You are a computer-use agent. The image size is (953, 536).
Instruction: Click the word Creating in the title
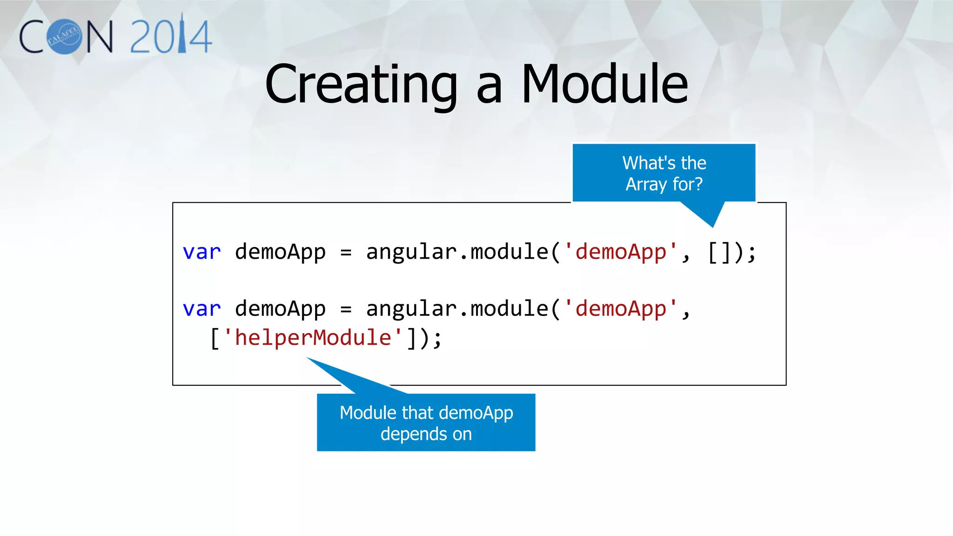[361, 85]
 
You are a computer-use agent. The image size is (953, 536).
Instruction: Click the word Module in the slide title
[604, 85]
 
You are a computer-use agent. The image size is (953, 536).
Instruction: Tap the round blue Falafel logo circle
[64, 37]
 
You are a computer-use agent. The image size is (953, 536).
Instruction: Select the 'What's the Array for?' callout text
[664, 173]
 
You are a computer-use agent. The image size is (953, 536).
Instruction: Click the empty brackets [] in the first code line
[719, 252]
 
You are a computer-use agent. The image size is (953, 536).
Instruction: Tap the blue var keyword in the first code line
[201, 252]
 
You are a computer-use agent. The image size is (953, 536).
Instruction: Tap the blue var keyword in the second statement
[201, 309]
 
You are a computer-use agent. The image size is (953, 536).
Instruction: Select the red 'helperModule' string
[313, 338]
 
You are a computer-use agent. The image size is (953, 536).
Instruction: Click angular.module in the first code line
[457, 252]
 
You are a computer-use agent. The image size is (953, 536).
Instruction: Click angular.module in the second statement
[457, 309]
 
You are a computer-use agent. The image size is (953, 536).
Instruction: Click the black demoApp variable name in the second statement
[280, 309]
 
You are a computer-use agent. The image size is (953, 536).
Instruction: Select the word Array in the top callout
[646, 184]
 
